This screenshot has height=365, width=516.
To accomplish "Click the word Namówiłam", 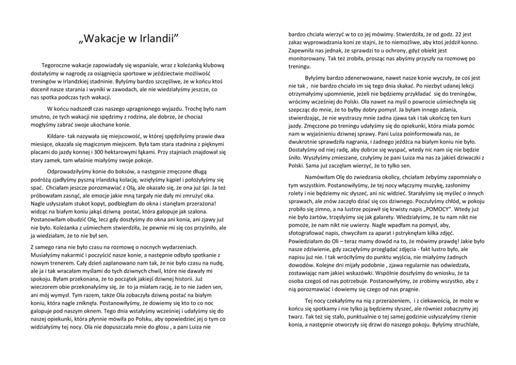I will pos(322,177).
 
